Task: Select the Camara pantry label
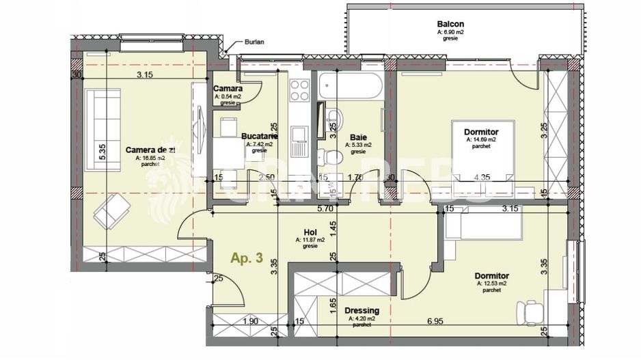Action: pos(227,89)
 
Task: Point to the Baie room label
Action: pos(358,137)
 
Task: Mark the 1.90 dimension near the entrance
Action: pos(250,321)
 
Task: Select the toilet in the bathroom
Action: pos(333,155)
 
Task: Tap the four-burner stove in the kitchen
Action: pos(299,90)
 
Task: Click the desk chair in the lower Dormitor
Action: pos(530,311)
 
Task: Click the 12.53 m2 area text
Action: pos(491,283)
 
